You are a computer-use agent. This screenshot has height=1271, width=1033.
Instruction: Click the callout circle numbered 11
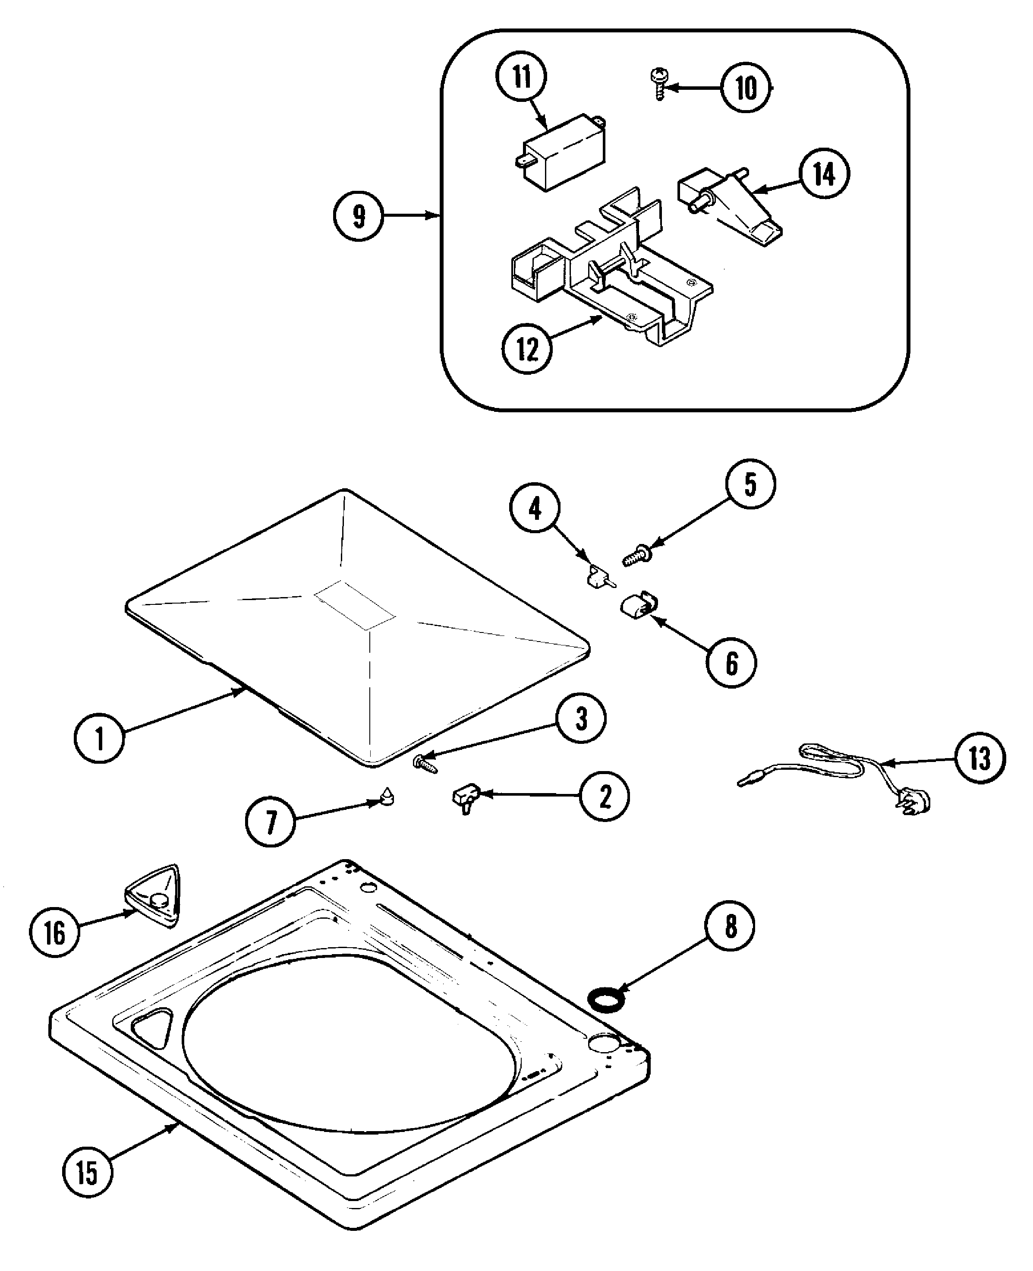coord(521,77)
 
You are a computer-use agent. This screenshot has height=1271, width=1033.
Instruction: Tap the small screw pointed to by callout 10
coord(659,84)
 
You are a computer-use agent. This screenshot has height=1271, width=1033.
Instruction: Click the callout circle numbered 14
coord(824,174)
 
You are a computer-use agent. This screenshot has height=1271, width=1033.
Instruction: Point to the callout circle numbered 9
coord(358,215)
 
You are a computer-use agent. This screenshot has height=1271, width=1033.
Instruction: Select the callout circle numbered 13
coord(980,759)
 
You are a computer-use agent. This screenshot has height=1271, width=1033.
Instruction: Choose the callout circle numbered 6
coord(731,663)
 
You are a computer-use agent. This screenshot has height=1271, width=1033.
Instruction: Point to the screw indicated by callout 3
coord(425,763)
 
